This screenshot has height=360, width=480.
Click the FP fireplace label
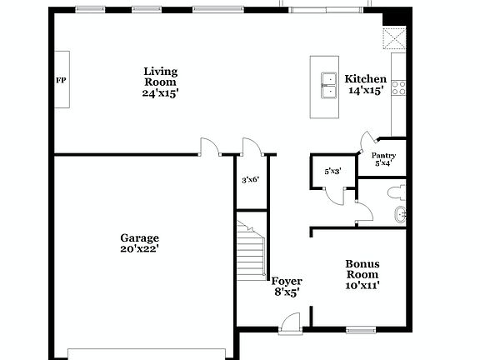[x=61, y=81]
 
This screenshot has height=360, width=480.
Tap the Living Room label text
[x=160, y=82]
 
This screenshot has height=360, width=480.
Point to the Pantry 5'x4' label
[x=383, y=159]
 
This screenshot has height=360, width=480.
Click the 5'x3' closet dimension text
[x=332, y=172]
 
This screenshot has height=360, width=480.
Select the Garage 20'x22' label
[x=139, y=242]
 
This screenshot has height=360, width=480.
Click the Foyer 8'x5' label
[x=287, y=287]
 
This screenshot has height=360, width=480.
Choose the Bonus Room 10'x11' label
[x=362, y=274]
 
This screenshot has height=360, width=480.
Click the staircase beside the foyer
[x=250, y=253]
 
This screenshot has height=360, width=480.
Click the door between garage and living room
[x=209, y=147]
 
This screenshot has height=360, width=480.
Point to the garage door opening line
[x=146, y=348]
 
